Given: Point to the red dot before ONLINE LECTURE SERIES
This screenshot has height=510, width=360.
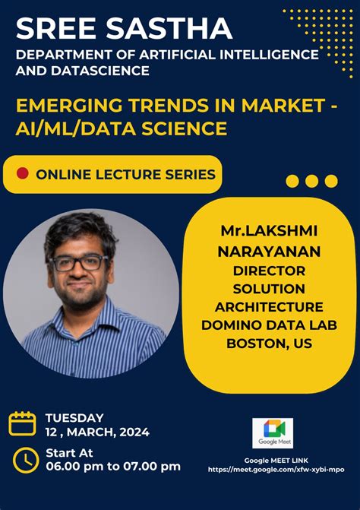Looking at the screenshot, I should click(23, 174).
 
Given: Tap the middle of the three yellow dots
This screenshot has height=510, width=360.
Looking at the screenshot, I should click(311, 181).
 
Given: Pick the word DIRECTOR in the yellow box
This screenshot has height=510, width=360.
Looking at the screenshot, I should click(269, 270).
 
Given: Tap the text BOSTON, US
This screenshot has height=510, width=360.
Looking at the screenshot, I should click(269, 344).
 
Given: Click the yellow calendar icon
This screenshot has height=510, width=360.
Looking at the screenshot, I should click(23, 423).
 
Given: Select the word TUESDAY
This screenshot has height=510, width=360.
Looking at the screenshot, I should click(74, 417).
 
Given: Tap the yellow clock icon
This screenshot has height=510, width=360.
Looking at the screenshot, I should click(25, 459).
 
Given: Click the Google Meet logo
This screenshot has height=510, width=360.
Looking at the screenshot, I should click(273, 429).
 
